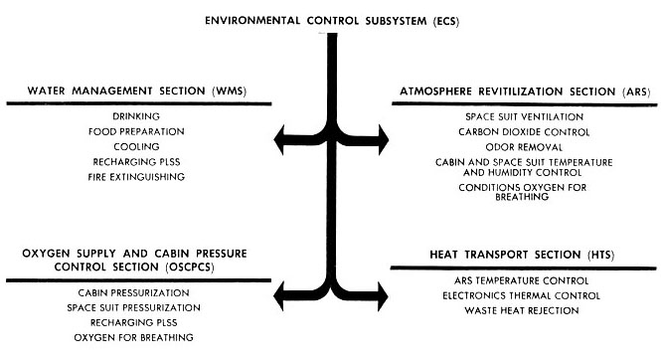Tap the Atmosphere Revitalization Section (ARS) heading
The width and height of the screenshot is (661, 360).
524,90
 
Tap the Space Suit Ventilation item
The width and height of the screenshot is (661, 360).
524,116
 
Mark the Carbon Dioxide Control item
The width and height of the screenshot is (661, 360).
524,131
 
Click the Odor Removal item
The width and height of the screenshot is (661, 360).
524,146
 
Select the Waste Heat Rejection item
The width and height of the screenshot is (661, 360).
524,310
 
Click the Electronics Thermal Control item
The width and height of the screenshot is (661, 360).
524,295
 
